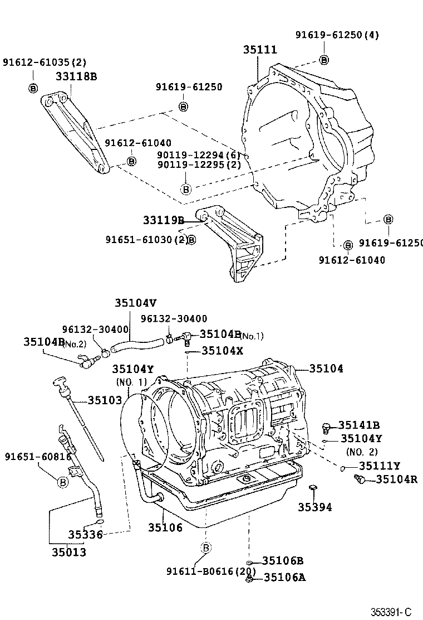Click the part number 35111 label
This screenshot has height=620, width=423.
point(259,50)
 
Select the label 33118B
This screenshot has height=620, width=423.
point(76,76)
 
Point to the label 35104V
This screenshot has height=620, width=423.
point(136,303)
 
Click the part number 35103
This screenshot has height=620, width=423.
point(105,400)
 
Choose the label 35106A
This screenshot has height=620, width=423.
point(284,577)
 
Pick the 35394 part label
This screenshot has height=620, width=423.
point(314,507)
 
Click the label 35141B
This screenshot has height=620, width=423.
point(359,425)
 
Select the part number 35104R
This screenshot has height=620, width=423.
point(396,479)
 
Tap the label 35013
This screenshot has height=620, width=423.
point(69,552)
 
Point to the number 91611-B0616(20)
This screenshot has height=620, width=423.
point(211,571)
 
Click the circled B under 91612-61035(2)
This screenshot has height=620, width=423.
point(32,88)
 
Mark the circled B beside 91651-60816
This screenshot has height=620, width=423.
point(62,482)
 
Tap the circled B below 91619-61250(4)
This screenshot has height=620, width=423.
point(324,60)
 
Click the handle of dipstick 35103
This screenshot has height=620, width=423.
point(59,382)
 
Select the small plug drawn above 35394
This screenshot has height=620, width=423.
point(314,489)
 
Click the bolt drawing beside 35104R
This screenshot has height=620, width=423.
point(361,478)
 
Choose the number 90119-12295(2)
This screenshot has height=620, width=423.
point(199,164)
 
